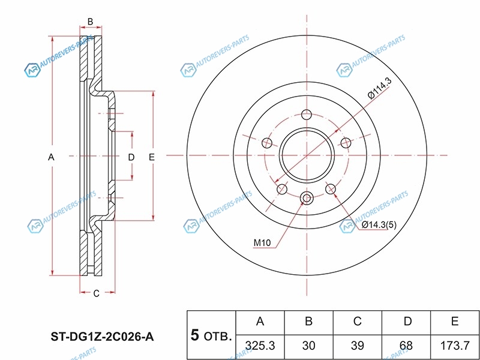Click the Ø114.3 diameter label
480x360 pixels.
pos(380,89)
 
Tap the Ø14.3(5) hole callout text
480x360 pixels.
pos(379,225)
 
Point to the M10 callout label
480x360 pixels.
pos(262,243)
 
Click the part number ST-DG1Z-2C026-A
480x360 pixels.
pos(102,337)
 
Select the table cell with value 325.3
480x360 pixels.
pos(260,347)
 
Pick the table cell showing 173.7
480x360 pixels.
pos(455,347)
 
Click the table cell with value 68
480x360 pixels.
pos(406,347)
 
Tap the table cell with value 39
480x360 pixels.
pos(358,347)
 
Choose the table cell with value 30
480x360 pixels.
pos(309,347)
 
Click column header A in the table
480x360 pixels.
pos(260,323)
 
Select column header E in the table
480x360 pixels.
pos(455,323)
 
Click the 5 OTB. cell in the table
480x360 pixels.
pos(211,335)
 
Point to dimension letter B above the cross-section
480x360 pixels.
pos(91,22)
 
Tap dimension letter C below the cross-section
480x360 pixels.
pos(97,293)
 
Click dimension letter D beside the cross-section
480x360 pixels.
pos(131,157)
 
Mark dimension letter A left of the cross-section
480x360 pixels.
pos(51,157)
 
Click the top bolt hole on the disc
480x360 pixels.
pos(307,115)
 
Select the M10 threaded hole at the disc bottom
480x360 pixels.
pos(307,198)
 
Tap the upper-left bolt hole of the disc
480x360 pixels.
pos(267,143)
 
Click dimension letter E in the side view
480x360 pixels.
pos(152,157)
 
